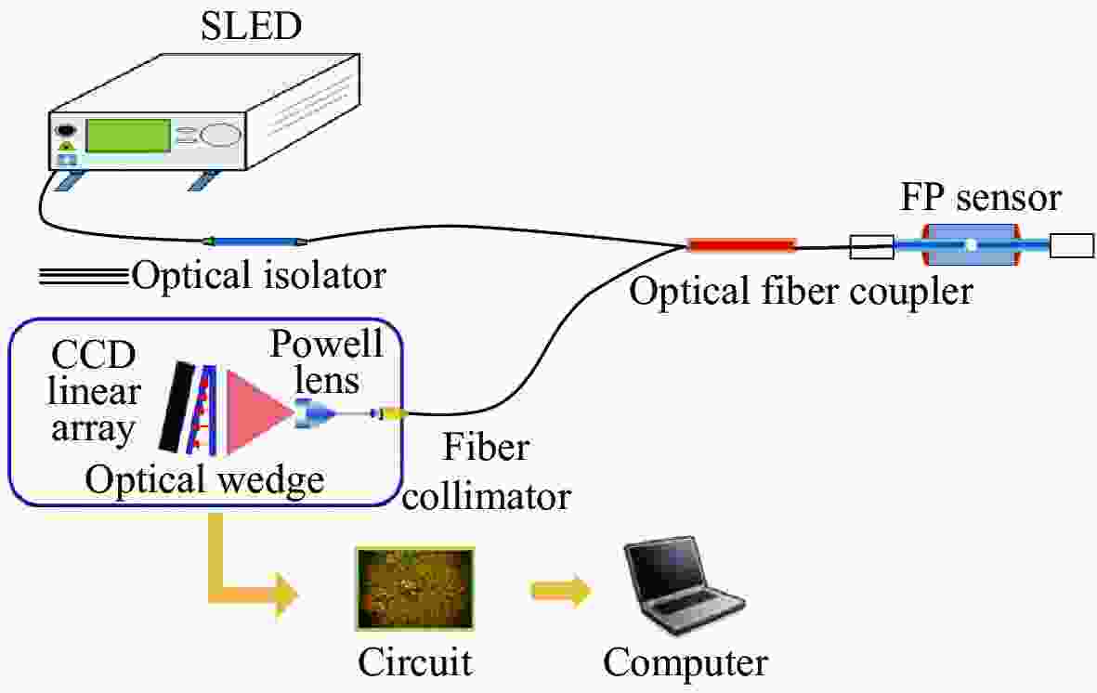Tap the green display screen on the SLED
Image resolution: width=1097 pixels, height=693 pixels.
(x=128, y=136)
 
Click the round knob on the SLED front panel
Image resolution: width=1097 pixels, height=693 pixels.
(x=219, y=135)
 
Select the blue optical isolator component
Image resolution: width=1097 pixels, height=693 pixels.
(x=254, y=242)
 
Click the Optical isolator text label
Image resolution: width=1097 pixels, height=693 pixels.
(x=258, y=276)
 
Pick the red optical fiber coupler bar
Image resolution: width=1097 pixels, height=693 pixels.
(x=741, y=245)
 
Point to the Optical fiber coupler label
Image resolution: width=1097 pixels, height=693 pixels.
(x=801, y=292)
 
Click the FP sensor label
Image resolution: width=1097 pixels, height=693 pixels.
(x=981, y=199)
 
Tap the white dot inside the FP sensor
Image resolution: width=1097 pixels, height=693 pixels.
(x=971, y=246)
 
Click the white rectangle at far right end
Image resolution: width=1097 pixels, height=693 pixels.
(x=1072, y=246)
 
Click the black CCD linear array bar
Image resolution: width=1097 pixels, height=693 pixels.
(x=177, y=407)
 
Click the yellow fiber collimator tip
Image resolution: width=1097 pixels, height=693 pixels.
(x=393, y=414)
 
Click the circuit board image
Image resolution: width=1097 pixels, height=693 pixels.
(x=415, y=587)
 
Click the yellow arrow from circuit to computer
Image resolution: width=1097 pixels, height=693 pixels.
(x=560, y=590)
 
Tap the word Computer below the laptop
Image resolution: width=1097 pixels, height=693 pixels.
(x=686, y=663)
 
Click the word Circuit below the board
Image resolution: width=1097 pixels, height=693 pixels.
(x=415, y=663)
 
